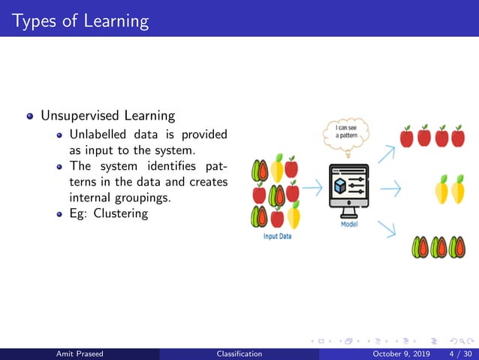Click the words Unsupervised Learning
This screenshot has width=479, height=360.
(107, 116)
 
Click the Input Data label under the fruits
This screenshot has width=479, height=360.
(277, 236)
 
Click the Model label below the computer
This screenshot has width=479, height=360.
(349, 225)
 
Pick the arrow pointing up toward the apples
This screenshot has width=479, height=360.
(386, 154)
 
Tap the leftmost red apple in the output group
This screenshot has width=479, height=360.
(407, 137)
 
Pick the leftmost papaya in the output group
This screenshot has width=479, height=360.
(420, 247)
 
